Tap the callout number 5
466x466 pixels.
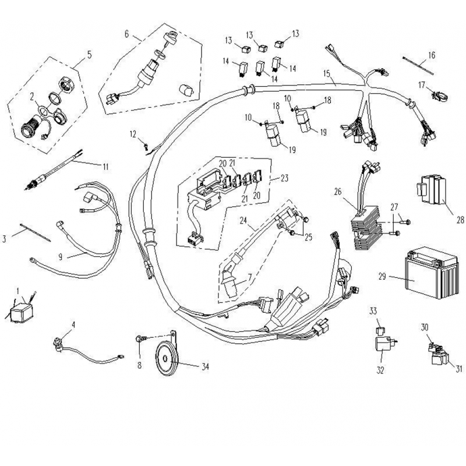coord(89,55)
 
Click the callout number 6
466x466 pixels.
coord(126,33)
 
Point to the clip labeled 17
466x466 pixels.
coord(437,93)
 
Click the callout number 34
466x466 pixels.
coord(204,367)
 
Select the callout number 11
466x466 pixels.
coord(105,167)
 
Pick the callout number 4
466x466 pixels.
coord(73,324)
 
